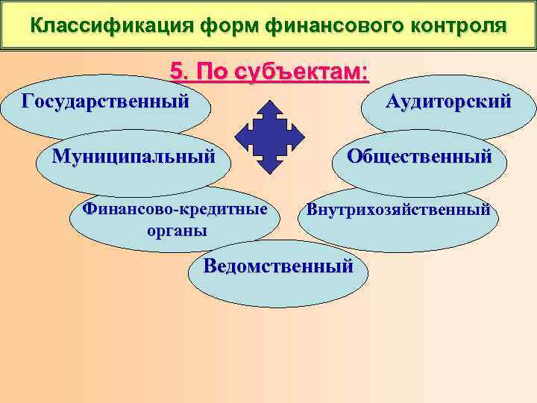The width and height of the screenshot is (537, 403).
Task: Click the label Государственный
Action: pos(104,100)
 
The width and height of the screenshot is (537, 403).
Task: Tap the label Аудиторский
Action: pos(448,101)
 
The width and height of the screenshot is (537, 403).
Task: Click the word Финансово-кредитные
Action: pos(175,210)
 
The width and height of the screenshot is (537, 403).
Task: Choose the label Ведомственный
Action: pos(278,266)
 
